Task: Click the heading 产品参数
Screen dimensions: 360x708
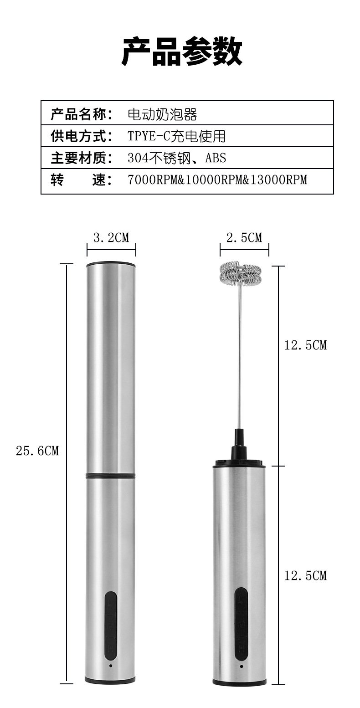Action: click(x=182, y=51)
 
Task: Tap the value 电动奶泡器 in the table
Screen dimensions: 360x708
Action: click(x=162, y=114)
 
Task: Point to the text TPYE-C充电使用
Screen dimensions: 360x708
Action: click(x=176, y=136)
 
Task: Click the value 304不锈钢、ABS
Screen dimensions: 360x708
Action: click(x=177, y=158)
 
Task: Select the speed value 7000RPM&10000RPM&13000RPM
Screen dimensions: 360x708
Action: click(x=217, y=180)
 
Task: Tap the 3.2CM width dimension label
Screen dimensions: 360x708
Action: click(x=111, y=237)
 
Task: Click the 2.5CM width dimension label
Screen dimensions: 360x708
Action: click(x=244, y=237)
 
